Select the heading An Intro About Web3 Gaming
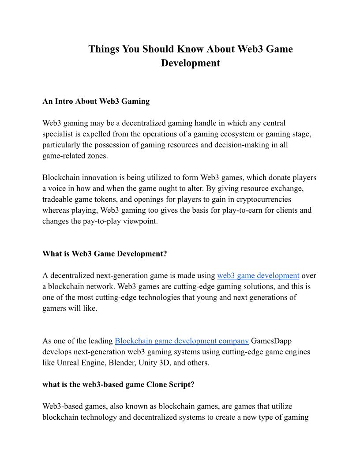(96, 101)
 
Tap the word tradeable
(60, 199)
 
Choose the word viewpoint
(139, 221)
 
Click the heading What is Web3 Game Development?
(105, 254)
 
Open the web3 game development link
(258, 276)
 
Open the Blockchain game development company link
(182, 341)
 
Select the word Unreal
(70, 362)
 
